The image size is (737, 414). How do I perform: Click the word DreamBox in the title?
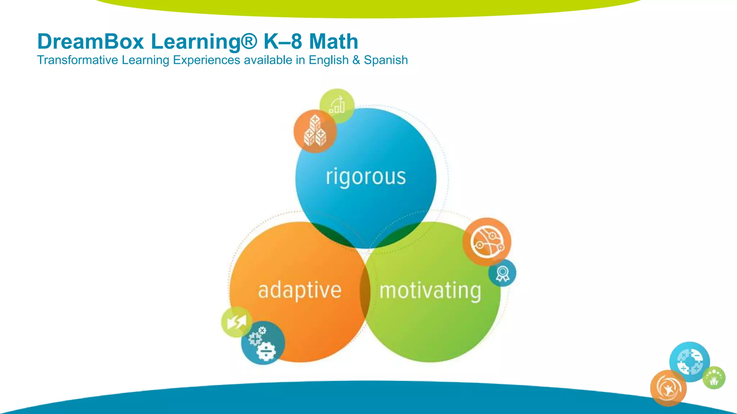(91, 42)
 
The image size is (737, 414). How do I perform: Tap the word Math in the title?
(334, 42)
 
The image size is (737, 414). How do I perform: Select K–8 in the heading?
(282, 42)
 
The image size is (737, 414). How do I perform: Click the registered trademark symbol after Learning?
(249, 41)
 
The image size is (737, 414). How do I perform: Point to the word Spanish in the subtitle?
(386, 60)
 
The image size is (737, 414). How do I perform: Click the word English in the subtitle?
(329, 60)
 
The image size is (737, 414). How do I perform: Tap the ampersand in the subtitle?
(356, 60)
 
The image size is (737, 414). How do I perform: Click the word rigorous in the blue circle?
(366, 177)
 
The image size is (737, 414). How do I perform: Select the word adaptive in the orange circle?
(299, 290)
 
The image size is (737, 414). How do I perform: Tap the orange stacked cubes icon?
(315, 131)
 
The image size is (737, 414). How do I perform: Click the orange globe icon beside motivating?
(487, 241)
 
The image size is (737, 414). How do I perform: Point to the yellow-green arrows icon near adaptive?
(236, 322)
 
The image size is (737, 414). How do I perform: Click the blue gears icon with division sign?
(263, 343)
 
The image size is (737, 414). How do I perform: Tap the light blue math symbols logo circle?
(689, 361)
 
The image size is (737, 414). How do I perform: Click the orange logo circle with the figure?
(668, 388)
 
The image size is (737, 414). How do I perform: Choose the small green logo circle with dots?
(714, 378)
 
